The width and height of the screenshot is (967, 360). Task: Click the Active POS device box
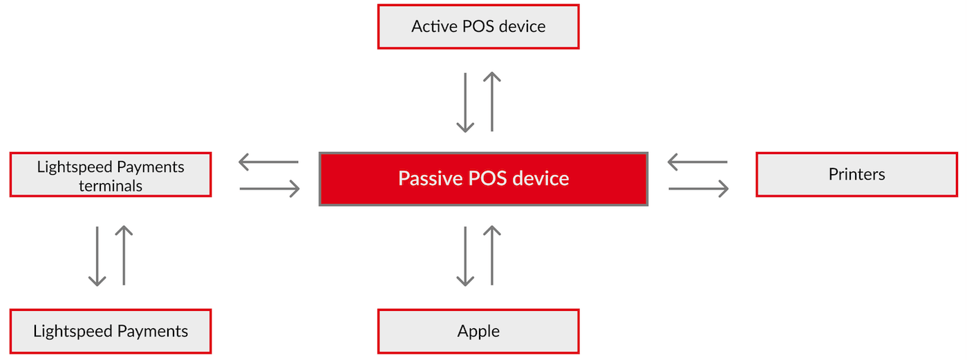(478, 27)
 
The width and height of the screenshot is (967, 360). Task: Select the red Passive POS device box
(484, 179)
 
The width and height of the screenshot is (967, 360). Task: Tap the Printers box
(857, 174)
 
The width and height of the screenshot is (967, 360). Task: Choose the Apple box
(478, 332)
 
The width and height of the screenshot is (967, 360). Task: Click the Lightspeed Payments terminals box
(111, 174)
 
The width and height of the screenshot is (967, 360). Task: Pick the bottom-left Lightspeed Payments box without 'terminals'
(111, 332)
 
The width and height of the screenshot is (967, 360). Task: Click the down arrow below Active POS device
(465, 103)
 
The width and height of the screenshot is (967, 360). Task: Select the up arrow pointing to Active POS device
(491, 102)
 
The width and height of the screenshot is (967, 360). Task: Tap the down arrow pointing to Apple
(465, 256)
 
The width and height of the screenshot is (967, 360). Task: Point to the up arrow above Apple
(491, 255)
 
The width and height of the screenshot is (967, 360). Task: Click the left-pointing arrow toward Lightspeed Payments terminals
(268, 162)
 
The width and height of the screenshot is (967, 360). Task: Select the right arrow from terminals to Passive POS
(270, 189)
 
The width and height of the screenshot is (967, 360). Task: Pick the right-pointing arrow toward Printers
(699, 189)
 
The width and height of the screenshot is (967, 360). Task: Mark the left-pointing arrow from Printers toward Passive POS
(697, 162)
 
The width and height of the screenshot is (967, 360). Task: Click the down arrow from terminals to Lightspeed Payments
(97, 256)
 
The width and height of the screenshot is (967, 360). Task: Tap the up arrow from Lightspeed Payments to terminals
(124, 255)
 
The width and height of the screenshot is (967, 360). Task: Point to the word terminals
(111, 186)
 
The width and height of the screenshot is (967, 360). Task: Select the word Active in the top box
(434, 26)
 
